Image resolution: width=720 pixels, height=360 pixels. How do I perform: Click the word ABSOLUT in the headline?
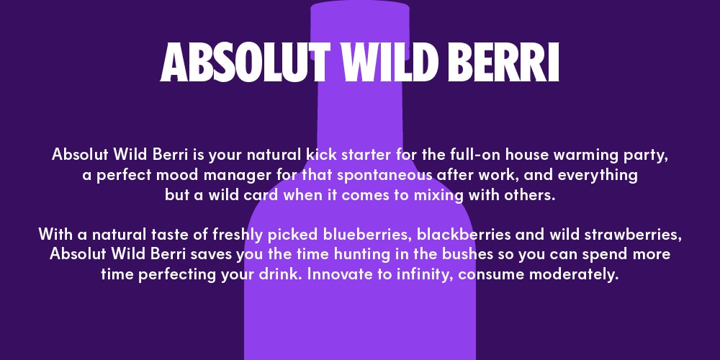click(246, 62)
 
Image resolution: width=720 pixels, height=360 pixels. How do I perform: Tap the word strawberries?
click(633, 234)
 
